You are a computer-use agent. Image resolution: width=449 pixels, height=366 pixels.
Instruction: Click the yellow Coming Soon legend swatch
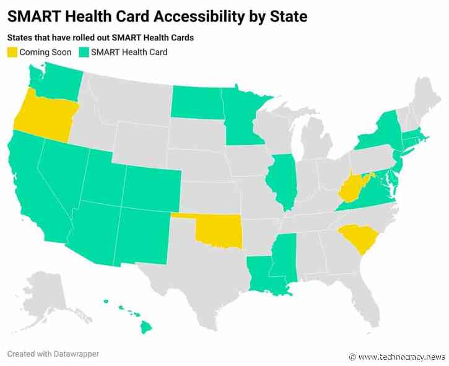click(12, 52)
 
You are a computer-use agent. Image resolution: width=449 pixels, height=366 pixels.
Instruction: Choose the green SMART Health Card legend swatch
click(84, 52)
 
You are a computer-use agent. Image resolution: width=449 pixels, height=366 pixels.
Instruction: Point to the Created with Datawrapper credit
click(53, 354)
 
